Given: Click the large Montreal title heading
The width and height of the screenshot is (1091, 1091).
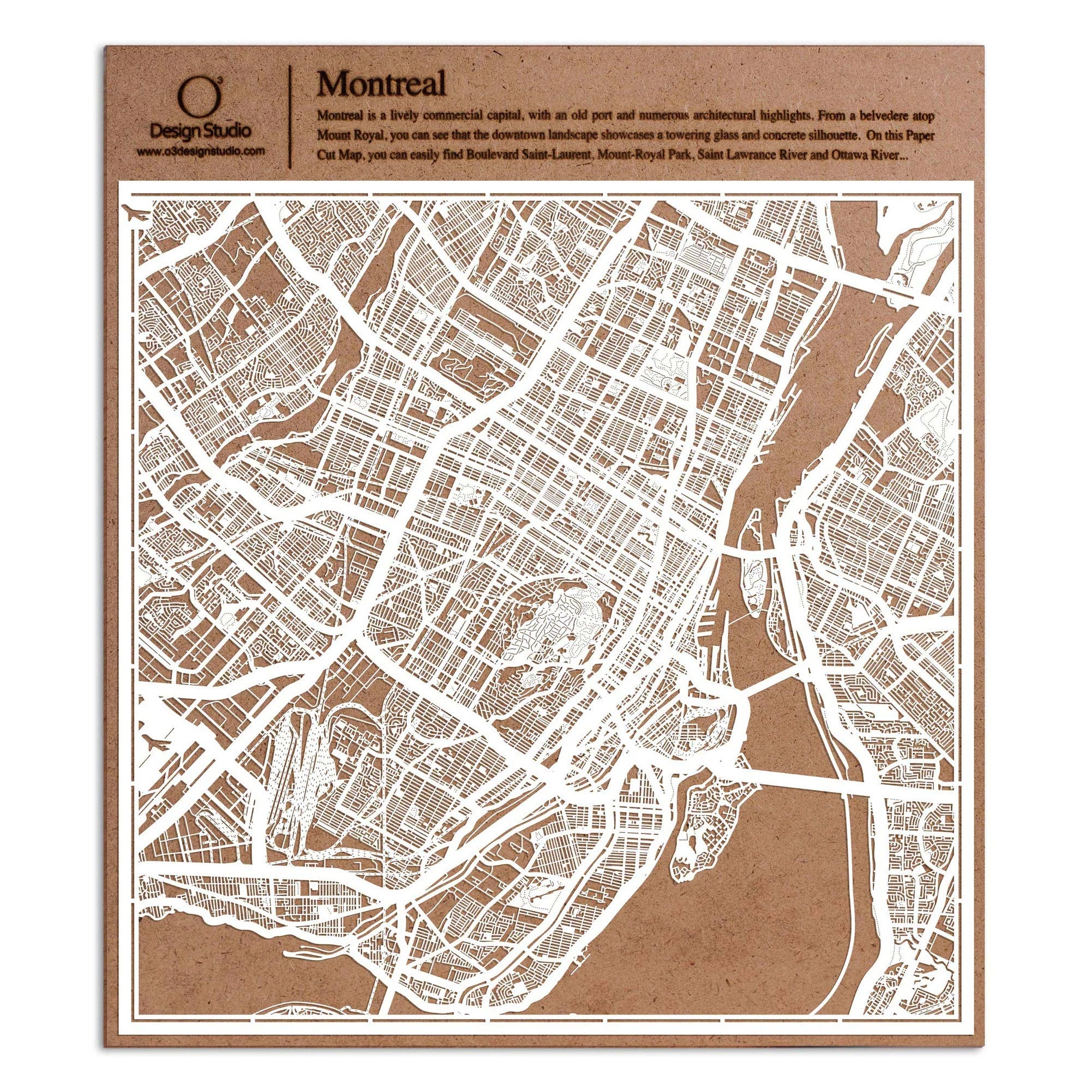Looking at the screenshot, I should coord(382,85).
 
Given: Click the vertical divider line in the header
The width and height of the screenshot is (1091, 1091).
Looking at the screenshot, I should coord(290,113).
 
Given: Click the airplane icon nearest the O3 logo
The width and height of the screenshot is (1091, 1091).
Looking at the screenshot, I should coord(136,215).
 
